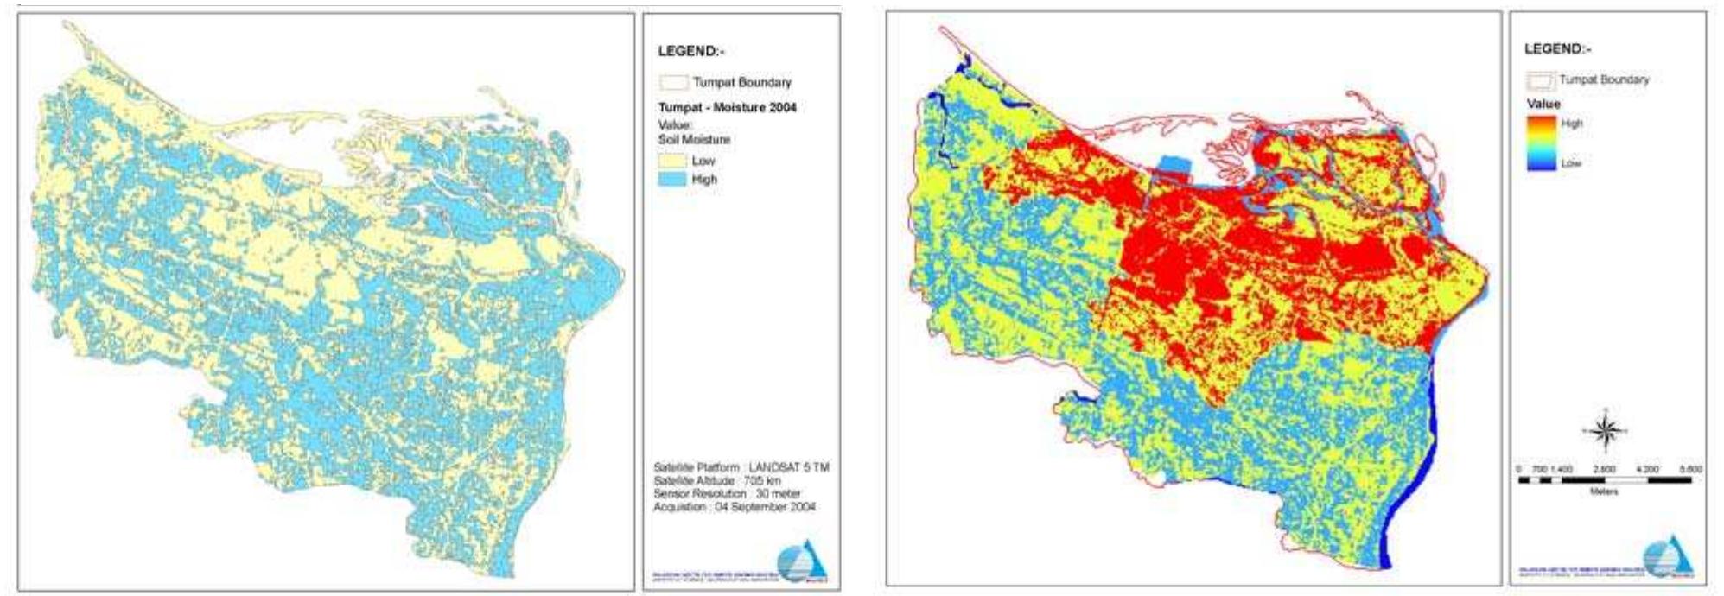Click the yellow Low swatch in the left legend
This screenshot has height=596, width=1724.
click(673, 161)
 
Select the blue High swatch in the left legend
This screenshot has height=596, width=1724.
click(673, 179)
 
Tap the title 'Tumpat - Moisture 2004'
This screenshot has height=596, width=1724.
click(727, 108)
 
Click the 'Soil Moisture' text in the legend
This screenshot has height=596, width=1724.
click(694, 139)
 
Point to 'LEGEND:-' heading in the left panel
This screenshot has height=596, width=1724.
click(690, 51)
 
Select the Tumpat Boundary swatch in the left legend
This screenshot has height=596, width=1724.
click(674, 83)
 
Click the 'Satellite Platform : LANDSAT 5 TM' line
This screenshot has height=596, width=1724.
click(741, 467)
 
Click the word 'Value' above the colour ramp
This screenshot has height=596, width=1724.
click(1543, 104)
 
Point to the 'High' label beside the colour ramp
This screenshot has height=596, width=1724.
click(1572, 124)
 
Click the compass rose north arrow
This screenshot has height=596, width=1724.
click(1604, 429)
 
